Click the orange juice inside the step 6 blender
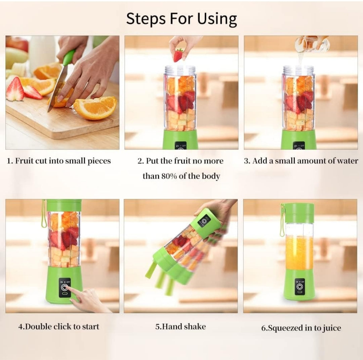(299, 252)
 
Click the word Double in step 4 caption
(38, 326)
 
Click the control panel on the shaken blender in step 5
(204, 220)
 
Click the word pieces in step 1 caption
(99, 161)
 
